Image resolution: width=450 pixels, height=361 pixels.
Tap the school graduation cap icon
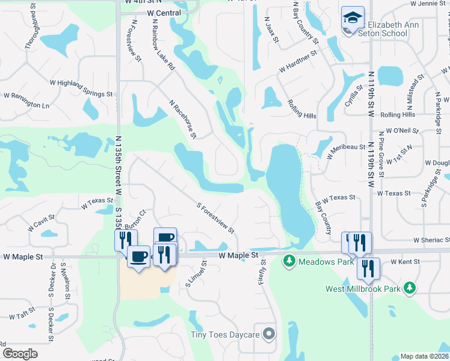click(x=352, y=17)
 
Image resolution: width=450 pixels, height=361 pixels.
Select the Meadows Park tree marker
click(x=289, y=261)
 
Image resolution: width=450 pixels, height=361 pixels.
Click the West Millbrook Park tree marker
click(x=410, y=288)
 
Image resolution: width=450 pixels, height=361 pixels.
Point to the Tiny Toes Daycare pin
click(x=269, y=333)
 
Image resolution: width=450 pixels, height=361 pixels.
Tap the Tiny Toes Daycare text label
click(x=225, y=334)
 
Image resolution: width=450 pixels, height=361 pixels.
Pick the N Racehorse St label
click(x=183, y=119)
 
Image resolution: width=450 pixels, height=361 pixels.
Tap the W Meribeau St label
click(x=347, y=150)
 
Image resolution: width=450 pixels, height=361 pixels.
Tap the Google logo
click(x=20, y=353)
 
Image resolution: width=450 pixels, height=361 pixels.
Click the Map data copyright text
click(x=425, y=356)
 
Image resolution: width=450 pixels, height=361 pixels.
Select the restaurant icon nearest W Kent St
click(x=368, y=268)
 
